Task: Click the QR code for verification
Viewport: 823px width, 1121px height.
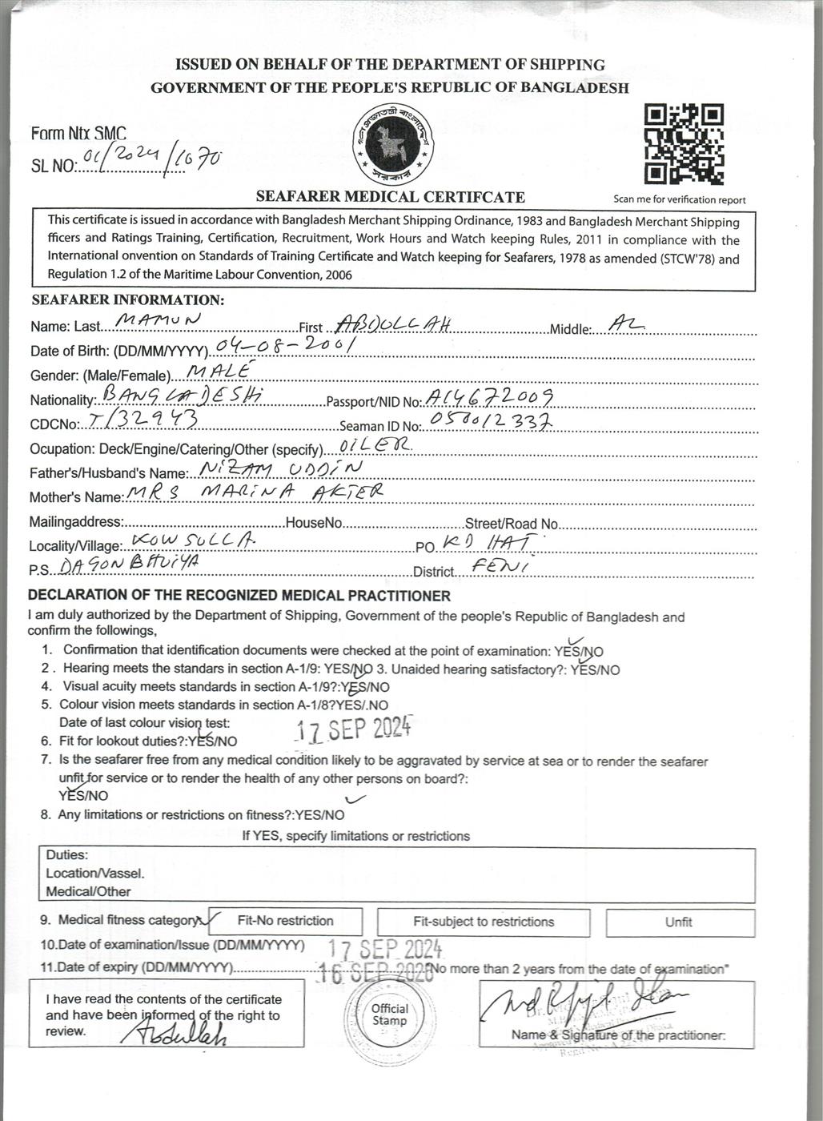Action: tap(684, 144)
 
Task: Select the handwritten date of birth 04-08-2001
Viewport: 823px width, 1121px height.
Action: tap(285, 346)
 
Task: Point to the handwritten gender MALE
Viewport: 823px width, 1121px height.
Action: tap(217, 370)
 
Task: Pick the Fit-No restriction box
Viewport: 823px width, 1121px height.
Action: tap(286, 921)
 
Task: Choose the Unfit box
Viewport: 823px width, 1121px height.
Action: tap(679, 922)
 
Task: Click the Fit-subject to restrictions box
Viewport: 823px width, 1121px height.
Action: tap(484, 922)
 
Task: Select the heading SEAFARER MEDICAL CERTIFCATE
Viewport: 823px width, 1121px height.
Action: tap(390, 197)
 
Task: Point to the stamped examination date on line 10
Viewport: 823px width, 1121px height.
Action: tap(385, 950)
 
